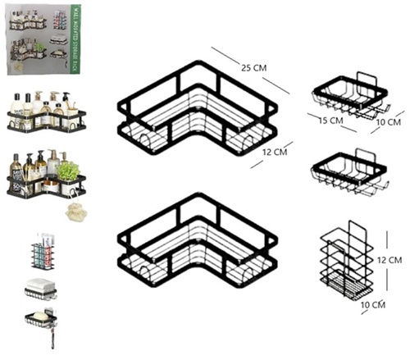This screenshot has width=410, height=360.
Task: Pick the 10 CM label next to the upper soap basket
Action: click(x=387, y=123)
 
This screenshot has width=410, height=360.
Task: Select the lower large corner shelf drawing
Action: click(x=197, y=242)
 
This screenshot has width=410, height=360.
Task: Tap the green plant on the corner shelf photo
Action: click(x=70, y=171)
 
